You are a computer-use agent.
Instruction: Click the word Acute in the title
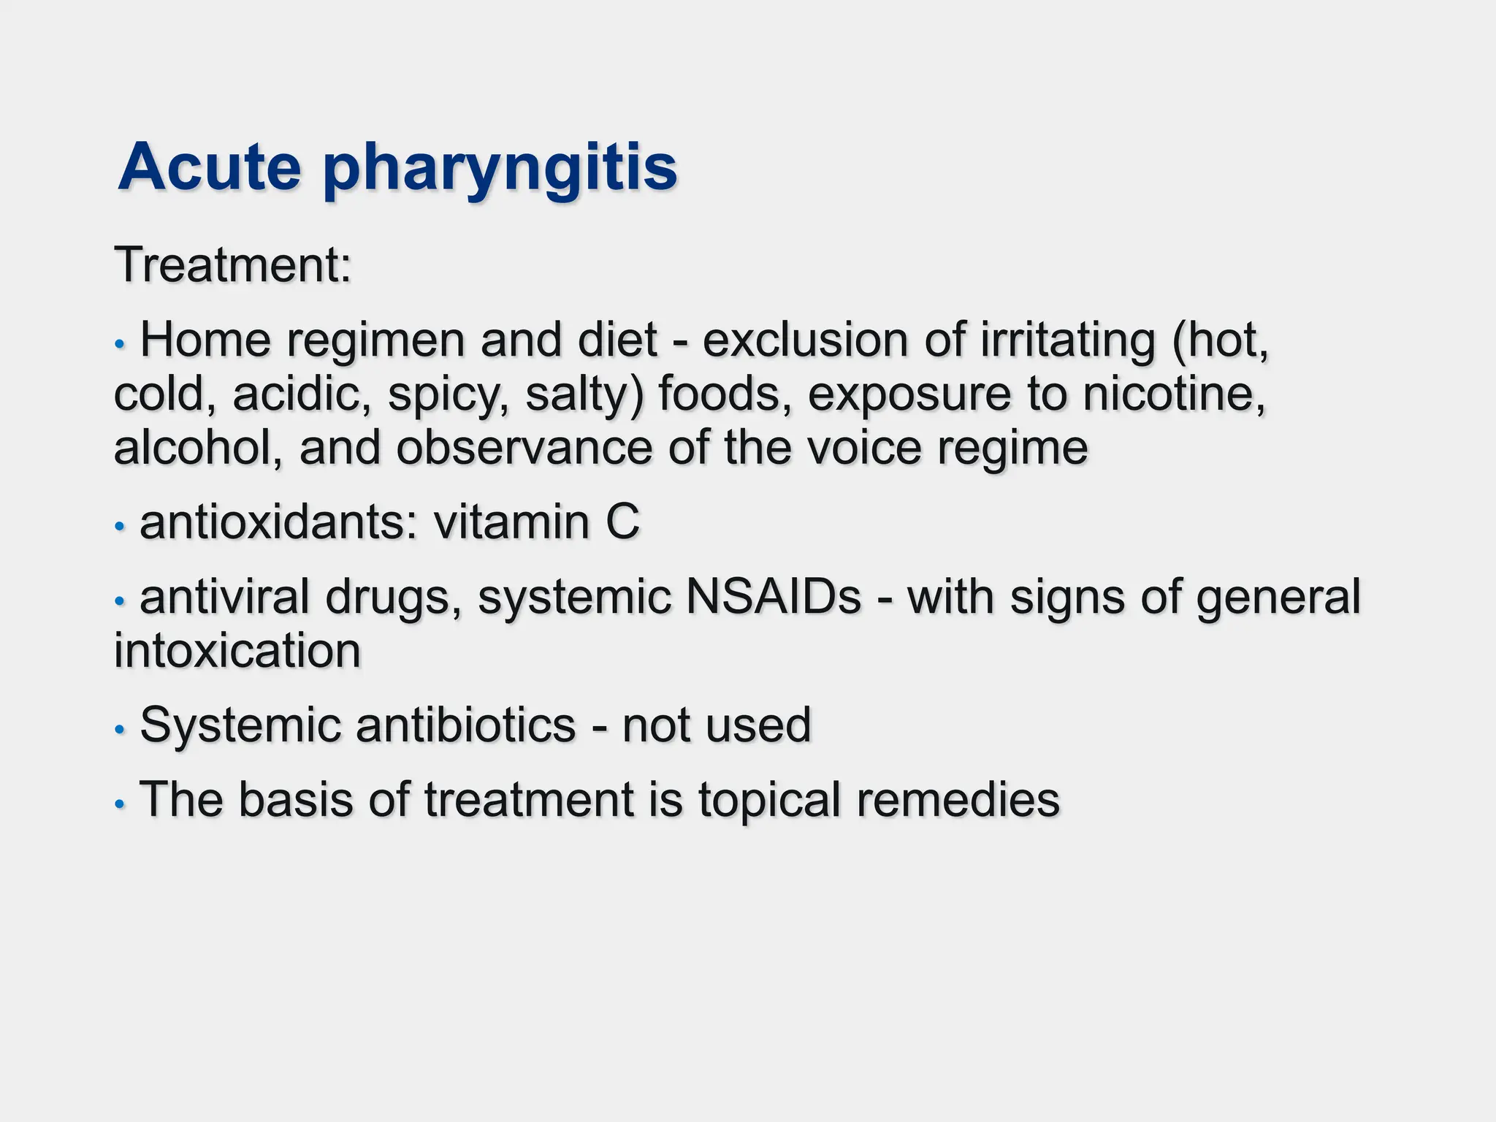[x=210, y=167]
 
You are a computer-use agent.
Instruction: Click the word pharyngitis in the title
[x=500, y=170]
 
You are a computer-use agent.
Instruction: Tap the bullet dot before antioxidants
[x=121, y=526]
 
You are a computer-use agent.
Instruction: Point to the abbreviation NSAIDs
[x=774, y=598]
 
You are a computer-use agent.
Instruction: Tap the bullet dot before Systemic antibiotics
[x=121, y=728]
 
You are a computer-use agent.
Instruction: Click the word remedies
[x=958, y=800]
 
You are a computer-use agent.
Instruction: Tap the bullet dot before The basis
[x=121, y=804]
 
